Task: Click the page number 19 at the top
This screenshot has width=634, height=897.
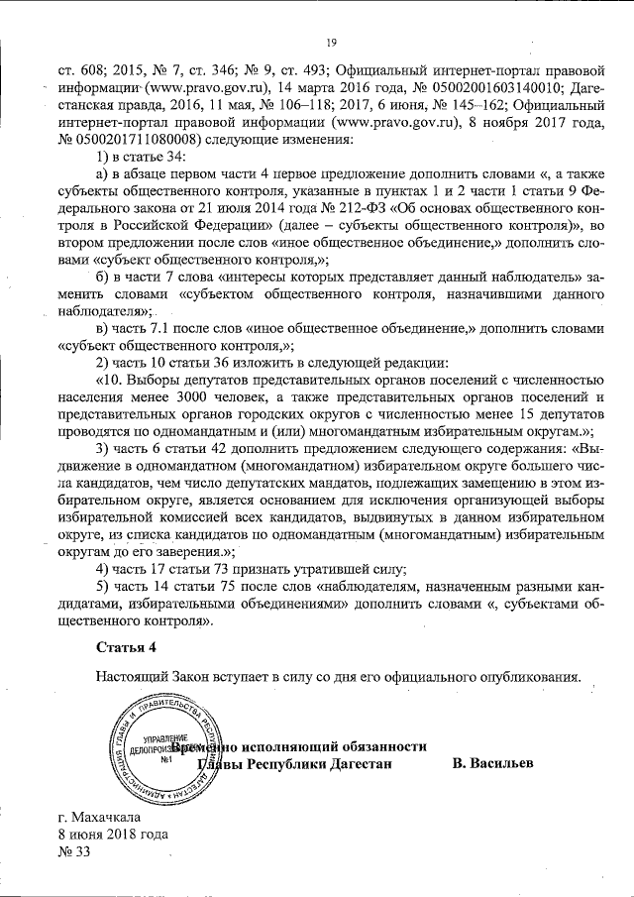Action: tap(331, 41)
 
